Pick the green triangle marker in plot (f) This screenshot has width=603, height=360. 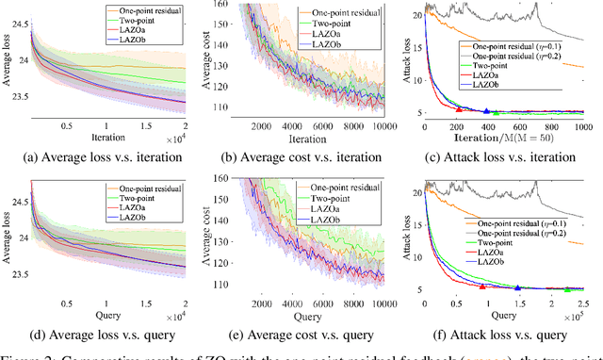click(567, 287)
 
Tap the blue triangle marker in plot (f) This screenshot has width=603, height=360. click(517, 287)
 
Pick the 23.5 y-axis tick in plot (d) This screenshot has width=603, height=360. click(17, 276)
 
